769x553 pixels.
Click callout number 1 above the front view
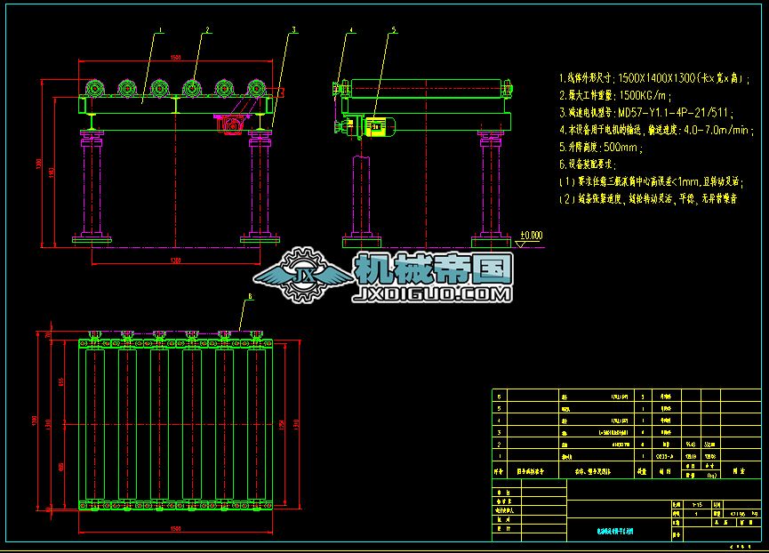coord(160,30)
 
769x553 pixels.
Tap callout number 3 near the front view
coord(292,30)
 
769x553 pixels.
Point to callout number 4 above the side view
coord(351,30)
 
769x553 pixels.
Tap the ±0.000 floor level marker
coord(532,236)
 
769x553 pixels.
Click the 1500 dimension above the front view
coord(175,57)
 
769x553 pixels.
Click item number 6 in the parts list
coord(499,397)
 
